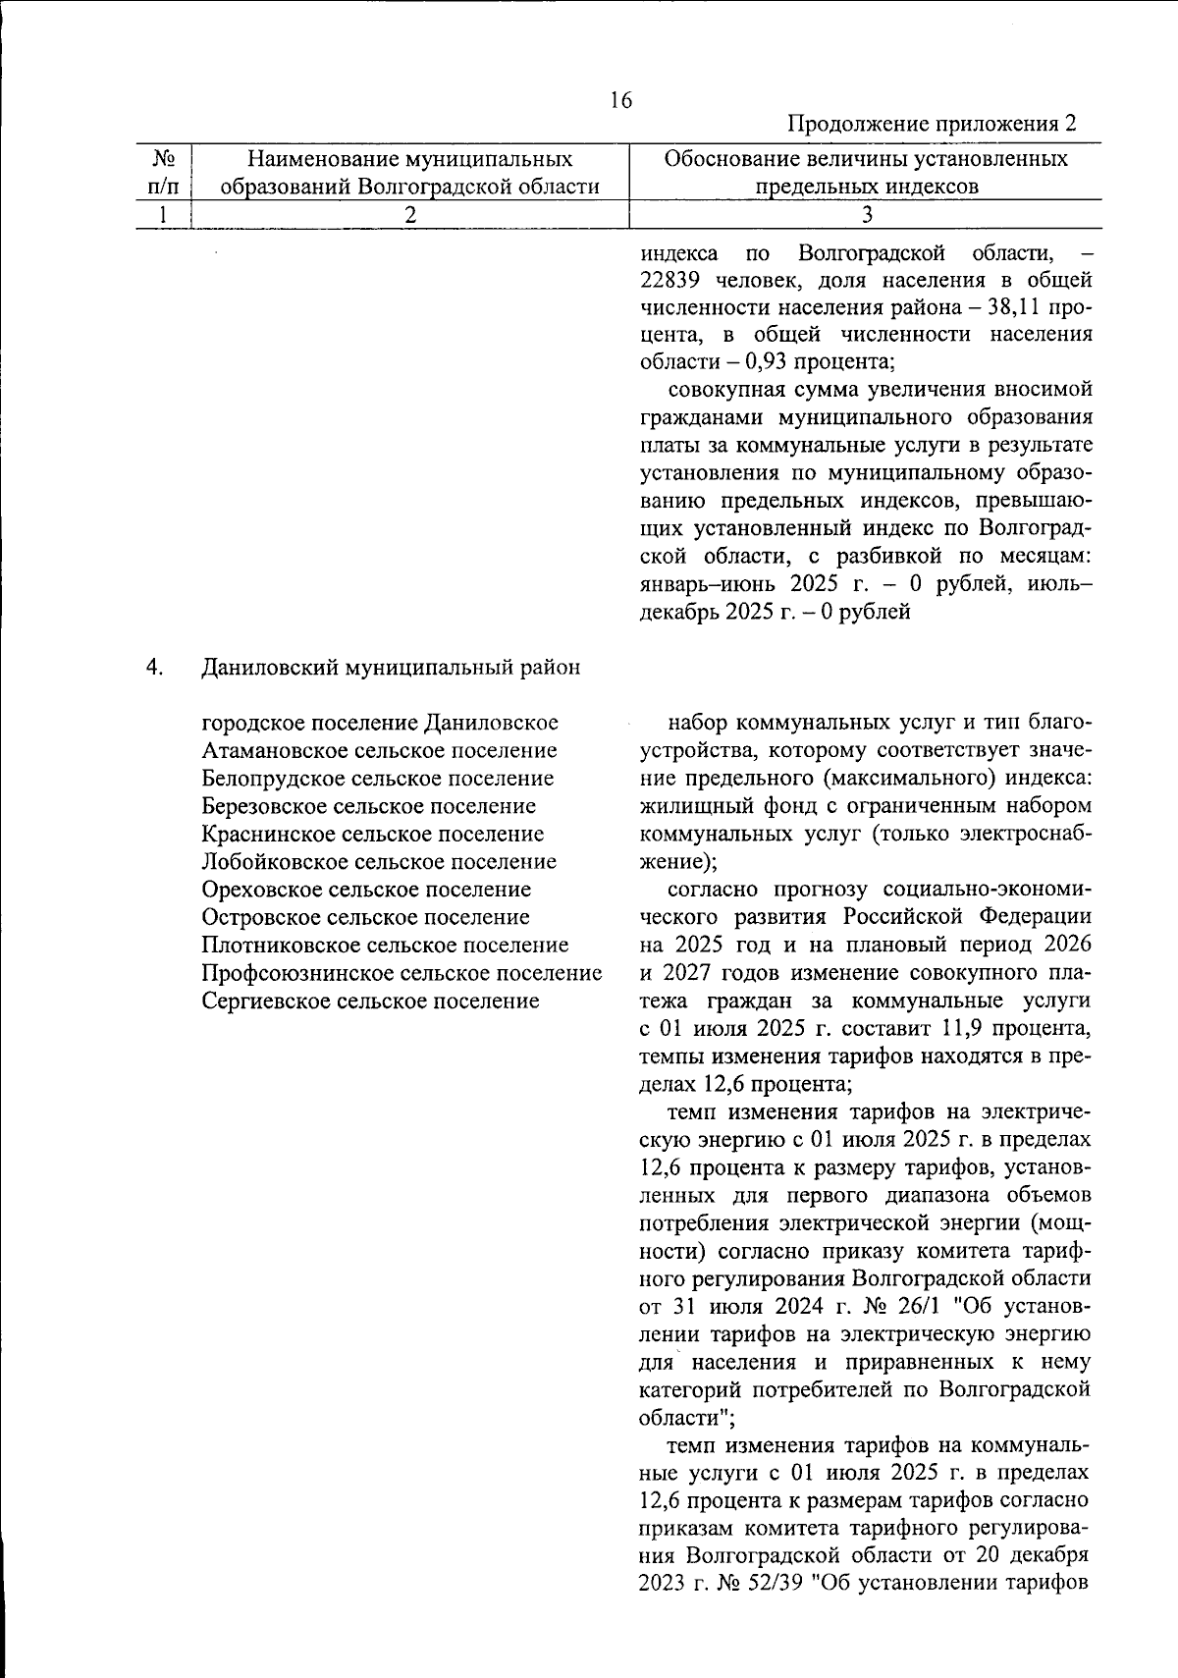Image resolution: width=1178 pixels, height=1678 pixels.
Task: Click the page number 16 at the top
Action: (x=620, y=100)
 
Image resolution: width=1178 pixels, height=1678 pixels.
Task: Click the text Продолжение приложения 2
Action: (x=932, y=125)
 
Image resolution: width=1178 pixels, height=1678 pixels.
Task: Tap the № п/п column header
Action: (x=164, y=172)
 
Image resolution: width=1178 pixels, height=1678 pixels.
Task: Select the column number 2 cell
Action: (x=409, y=214)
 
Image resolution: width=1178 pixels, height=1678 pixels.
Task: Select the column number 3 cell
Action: (x=866, y=214)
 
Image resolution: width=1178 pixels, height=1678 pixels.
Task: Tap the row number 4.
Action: (x=154, y=668)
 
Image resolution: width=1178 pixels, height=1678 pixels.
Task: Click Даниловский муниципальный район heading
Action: (x=391, y=668)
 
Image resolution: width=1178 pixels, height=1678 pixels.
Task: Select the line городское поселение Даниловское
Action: (x=380, y=723)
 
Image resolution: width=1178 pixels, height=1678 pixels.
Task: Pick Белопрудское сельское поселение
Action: (x=377, y=779)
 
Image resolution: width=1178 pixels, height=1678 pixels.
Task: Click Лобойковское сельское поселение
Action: (x=379, y=862)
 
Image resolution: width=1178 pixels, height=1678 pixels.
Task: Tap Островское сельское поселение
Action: (x=365, y=917)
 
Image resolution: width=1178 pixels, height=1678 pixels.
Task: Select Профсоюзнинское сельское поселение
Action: (x=401, y=973)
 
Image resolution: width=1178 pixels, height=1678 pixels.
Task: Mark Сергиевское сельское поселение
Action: (x=370, y=1001)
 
